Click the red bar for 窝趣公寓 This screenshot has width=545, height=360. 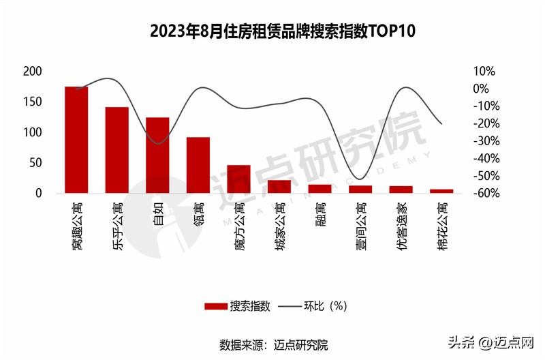[x=76, y=140]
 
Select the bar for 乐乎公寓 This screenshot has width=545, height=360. [x=116, y=150]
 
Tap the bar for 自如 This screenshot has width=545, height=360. [x=157, y=155]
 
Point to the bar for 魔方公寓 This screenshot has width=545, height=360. [x=238, y=179]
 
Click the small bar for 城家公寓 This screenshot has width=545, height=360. [x=279, y=187]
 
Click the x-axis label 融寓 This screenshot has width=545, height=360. [x=320, y=213]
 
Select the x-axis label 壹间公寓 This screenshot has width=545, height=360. [x=360, y=222]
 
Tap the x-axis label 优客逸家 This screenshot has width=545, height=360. [x=401, y=222]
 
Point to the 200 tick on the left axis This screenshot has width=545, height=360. [x=33, y=72]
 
